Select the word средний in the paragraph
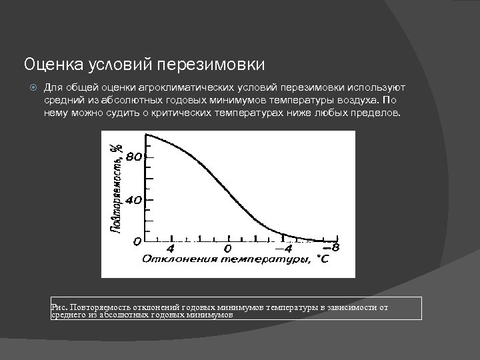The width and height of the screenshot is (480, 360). click(63, 101)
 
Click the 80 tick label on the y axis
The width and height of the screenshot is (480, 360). click(134, 158)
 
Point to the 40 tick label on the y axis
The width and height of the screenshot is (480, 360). click(134, 200)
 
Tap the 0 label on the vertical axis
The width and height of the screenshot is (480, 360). click(137, 241)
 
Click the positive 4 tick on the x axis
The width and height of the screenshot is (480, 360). click(170, 247)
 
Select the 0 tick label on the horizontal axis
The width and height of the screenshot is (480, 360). click(227, 248)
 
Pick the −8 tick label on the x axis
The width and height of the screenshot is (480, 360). click(333, 247)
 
